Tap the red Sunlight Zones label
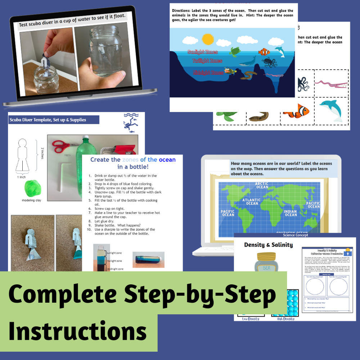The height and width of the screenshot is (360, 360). [x=202, y=52]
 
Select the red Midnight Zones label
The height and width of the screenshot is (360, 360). [x=208, y=72]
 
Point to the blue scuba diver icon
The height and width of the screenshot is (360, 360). [x=130, y=122]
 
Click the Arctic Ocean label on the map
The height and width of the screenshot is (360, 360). [x=262, y=185]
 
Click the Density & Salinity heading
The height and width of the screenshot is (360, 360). [x=268, y=245]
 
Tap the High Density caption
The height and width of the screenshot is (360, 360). [x=285, y=319]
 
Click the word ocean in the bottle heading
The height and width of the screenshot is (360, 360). [x=167, y=159]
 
